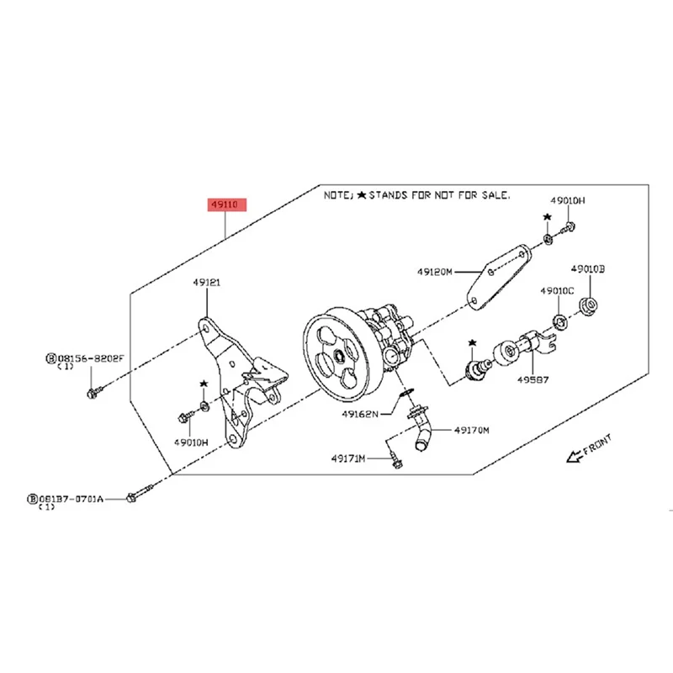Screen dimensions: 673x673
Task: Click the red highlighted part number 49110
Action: [x=224, y=204]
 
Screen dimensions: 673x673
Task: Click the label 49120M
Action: [x=435, y=272]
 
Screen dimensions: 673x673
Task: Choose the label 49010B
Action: [x=588, y=269]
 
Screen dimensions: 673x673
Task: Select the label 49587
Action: [x=533, y=379]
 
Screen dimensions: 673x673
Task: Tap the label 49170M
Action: [x=472, y=429]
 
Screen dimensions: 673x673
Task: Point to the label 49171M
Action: [x=348, y=458]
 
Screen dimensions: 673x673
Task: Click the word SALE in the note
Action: [x=495, y=194]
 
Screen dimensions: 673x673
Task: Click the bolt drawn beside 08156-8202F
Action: [x=94, y=391]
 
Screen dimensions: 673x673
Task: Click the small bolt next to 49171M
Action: [x=394, y=459]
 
